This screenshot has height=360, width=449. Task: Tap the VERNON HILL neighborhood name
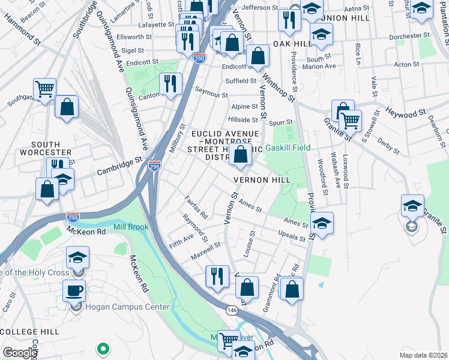[x=262, y=179]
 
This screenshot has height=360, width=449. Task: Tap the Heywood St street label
[x=405, y=112]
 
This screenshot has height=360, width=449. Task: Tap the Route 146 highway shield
[x=231, y=310]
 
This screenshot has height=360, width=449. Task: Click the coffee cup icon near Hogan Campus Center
[x=74, y=290]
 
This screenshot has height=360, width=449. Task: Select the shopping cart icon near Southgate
[x=44, y=89]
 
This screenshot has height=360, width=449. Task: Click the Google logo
[x=20, y=353]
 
